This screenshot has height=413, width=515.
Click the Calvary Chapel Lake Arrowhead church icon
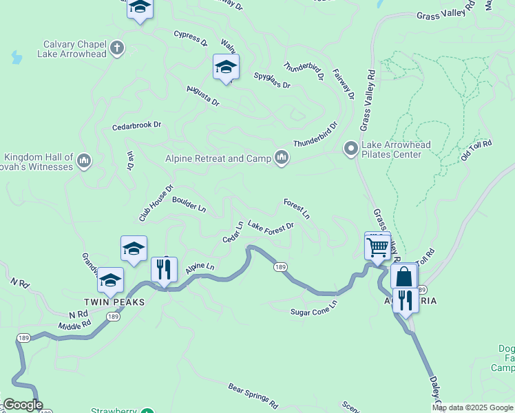[117, 47]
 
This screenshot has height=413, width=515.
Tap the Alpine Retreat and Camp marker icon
[281, 158]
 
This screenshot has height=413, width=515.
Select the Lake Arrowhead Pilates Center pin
[350, 148]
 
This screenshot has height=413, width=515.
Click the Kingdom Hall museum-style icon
[84, 161]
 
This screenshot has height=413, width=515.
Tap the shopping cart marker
[377, 246]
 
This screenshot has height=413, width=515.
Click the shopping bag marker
[403, 277]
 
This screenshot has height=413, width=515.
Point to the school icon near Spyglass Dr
[225, 67]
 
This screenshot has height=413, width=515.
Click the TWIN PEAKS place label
[107, 302]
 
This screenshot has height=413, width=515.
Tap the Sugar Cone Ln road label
[314, 306]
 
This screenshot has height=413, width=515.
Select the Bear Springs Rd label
[253, 394]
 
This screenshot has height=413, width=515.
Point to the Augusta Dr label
[202, 96]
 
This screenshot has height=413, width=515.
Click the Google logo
[23, 405]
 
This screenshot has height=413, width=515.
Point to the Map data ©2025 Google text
[472, 407]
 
